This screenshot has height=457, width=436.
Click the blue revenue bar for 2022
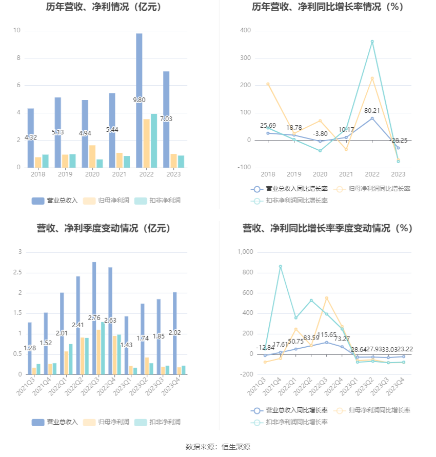coord(139,101)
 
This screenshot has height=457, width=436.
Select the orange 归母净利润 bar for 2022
coord(147,144)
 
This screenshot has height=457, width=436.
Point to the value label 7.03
coord(166,119)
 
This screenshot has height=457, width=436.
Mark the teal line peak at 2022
coord(372,42)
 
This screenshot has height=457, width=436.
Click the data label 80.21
coord(372,111)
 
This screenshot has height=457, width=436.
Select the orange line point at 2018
coord(268,84)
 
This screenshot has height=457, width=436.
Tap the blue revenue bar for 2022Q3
coord(94,318)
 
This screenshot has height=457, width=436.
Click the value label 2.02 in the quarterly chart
coord(174,332)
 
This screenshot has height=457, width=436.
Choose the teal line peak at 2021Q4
coord(280,266)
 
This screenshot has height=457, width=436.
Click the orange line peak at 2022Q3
coord(326,298)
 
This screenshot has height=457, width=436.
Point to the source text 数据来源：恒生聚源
coord(218,447)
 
